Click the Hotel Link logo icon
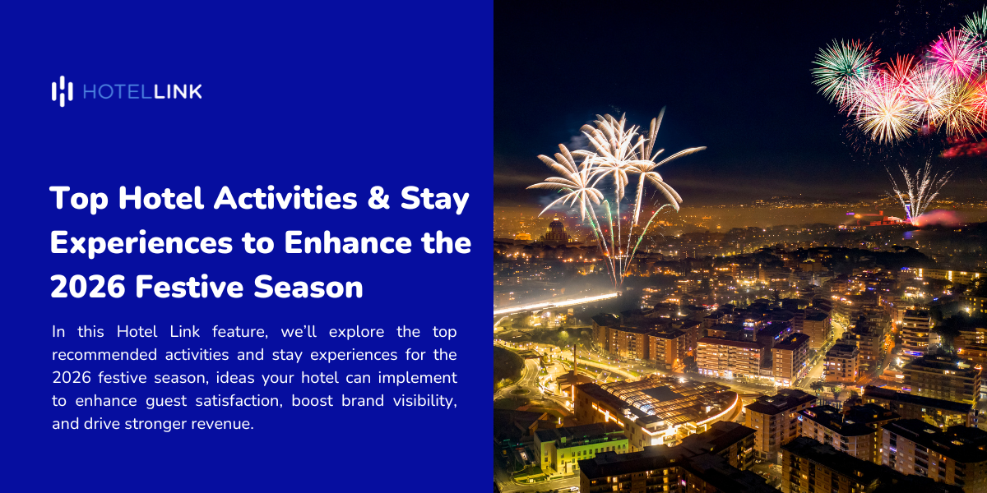63,91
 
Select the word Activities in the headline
265,199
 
